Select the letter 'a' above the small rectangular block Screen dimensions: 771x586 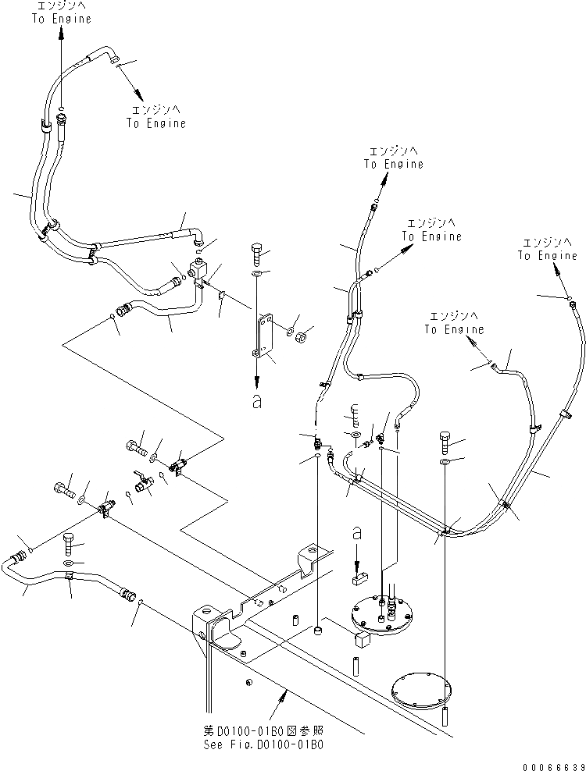click(356, 533)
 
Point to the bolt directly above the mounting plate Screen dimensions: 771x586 click(258, 254)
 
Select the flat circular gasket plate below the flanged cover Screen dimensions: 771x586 click(423, 691)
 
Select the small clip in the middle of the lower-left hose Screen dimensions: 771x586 click(70, 577)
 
